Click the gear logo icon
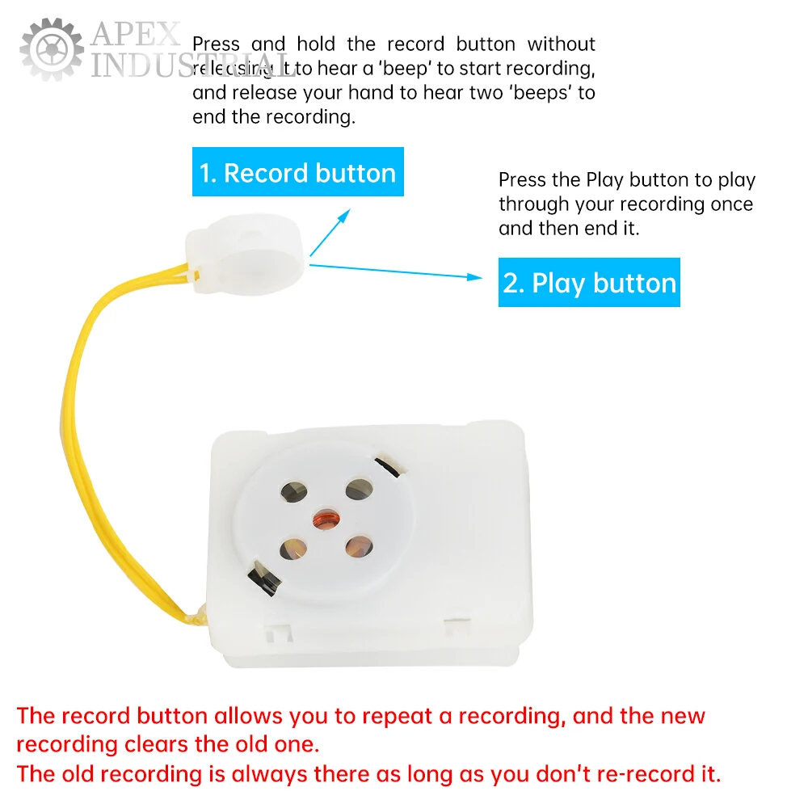point(52,48)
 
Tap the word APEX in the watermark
point(136,35)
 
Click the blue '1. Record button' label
point(297,172)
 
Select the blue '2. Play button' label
point(589,283)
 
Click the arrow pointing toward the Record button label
point(331,232)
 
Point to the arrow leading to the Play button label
point(396,271)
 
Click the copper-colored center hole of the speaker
point(326,518)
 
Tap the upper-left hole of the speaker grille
point(292,490)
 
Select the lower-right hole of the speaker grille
point(358,546)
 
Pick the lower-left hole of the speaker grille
point(293,549)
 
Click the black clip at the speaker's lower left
point(263,576)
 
